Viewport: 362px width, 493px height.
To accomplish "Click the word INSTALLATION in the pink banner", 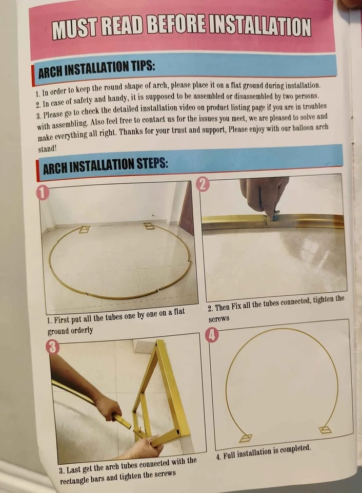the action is point(260,27).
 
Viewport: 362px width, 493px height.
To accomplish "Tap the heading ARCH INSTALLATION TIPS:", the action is point(96,69).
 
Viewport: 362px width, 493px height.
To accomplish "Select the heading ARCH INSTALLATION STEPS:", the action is point(106,165).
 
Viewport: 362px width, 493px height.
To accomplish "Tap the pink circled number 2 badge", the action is point(203,184).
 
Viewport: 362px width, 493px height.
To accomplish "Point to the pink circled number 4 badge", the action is point(212,335).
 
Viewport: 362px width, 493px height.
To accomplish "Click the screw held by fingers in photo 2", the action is point(275,215).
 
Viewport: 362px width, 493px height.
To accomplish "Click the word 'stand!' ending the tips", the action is point(47,149).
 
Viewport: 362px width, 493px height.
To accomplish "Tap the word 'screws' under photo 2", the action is point(219,319).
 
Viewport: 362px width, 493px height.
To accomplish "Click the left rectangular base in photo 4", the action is point(246,438).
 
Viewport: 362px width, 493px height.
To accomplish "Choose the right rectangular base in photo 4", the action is point(325,430).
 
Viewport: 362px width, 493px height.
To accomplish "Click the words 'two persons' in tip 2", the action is point(301,96).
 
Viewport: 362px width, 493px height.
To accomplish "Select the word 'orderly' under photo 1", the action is point(83,330).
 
